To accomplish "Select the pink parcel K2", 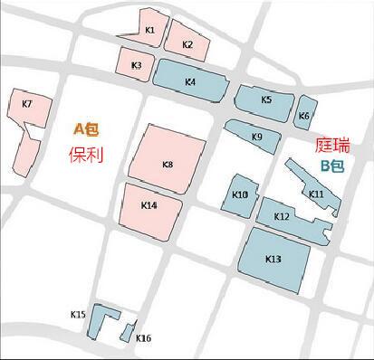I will (x=188, y=43).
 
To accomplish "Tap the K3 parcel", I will (x=135, y=63).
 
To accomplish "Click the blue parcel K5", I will (x=265, y=99).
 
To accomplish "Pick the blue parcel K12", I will (x=283, y=218).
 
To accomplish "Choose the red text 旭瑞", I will (x=333, y=146).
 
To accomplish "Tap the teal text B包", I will (x=332, y=167).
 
